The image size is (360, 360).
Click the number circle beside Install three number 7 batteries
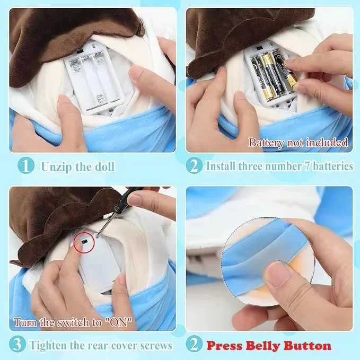195,166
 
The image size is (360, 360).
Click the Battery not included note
298,142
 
